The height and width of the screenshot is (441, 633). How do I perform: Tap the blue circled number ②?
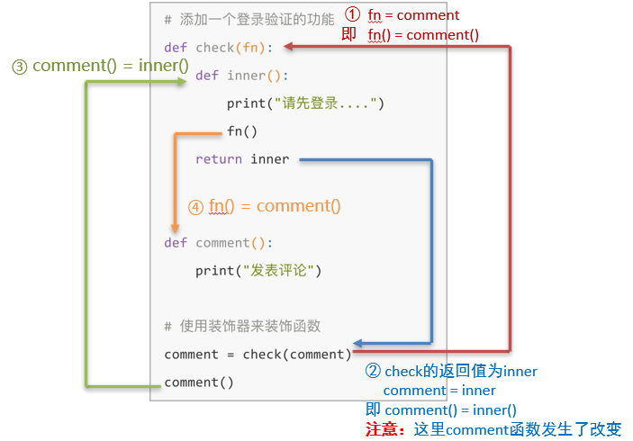[373, 371]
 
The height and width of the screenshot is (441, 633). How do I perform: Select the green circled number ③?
[19, 67]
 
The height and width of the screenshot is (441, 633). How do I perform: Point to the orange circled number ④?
[195, 206]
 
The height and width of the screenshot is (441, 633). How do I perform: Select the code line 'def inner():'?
[242, 76]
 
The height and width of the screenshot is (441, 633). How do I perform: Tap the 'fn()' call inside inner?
[242, 131]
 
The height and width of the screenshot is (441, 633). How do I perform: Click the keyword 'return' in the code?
[218, 159]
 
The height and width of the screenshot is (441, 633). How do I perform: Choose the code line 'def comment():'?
[218, 243]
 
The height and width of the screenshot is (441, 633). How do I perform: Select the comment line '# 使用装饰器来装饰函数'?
[242, 326]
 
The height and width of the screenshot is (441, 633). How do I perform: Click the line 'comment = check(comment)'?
[258, 355]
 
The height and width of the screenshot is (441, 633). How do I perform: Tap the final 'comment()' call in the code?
[199, 382]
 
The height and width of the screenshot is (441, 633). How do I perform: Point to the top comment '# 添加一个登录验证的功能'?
[249, 19]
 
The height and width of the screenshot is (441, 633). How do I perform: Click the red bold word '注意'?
[384, 429]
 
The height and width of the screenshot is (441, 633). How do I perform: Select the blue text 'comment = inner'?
[439, 391]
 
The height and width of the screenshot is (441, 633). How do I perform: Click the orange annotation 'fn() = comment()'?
[275, 206]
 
